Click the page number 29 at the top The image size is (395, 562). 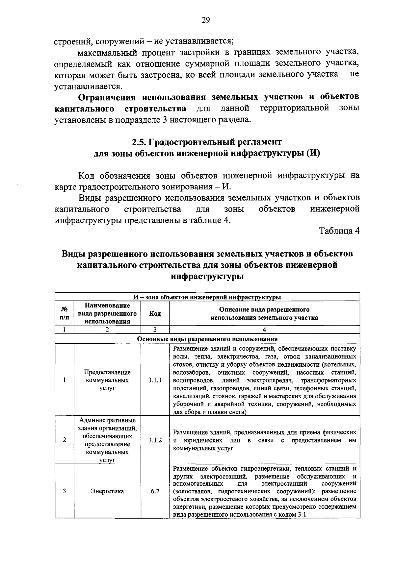206,20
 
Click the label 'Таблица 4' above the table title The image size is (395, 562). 339,231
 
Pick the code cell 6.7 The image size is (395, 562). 155,491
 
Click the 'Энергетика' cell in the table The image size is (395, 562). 107,491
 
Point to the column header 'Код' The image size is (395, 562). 155,313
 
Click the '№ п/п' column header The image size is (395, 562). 65,313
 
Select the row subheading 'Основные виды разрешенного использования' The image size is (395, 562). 207,339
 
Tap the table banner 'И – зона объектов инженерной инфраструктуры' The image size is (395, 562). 207,297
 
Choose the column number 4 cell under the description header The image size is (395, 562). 264,330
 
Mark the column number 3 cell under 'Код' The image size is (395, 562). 155,330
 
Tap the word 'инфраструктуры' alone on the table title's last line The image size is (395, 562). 207,276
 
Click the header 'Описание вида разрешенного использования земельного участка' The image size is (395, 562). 264,313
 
